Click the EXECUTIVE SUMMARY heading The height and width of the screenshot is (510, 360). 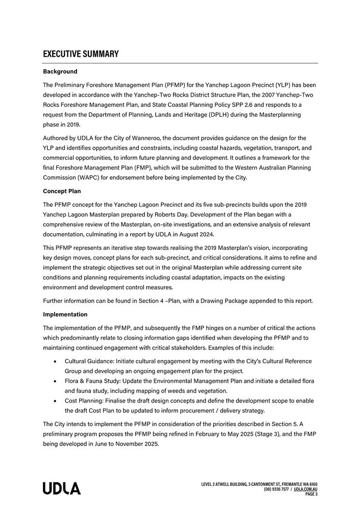click(x=81, y=54)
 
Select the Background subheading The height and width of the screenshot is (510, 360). click(x=60, y=72)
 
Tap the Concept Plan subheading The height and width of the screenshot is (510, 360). click(x=62, y=191)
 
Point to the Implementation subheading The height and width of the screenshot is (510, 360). click(x=65, y=314)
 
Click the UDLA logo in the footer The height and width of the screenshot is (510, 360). click(x=62, y=489)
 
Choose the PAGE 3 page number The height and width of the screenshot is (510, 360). click(x=311, y=494)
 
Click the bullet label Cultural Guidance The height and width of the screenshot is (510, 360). click(x=89, y=361)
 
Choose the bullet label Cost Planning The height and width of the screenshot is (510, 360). click(x=84, y=401)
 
